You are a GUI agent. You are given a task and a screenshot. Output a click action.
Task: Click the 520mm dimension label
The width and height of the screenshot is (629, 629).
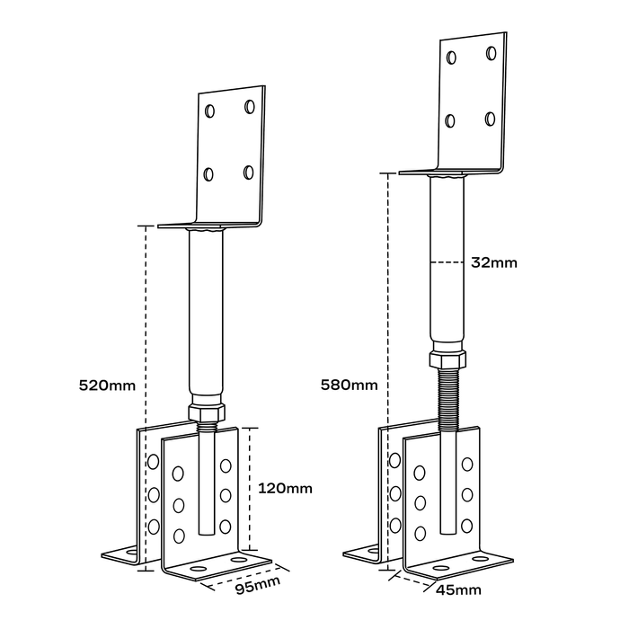coord(107,385)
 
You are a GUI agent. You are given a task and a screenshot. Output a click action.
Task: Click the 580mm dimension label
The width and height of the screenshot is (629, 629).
coord(349,385)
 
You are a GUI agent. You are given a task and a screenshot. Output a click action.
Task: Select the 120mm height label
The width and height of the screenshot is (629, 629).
coord(285,489)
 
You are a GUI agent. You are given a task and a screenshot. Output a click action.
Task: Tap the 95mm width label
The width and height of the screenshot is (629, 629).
coord(258,586)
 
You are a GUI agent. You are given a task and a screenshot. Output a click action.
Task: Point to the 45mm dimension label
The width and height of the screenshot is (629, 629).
coord(458,590)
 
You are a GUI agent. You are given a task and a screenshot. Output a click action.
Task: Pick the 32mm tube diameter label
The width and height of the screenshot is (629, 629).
coord(494,263)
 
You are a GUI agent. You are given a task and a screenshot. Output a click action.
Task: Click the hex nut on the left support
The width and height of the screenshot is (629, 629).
coord(207,412)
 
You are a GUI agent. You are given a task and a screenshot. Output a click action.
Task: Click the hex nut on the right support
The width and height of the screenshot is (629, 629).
coord(447,359)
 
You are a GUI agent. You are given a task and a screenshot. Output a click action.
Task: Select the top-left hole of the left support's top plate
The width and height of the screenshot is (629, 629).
coord(209,111)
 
